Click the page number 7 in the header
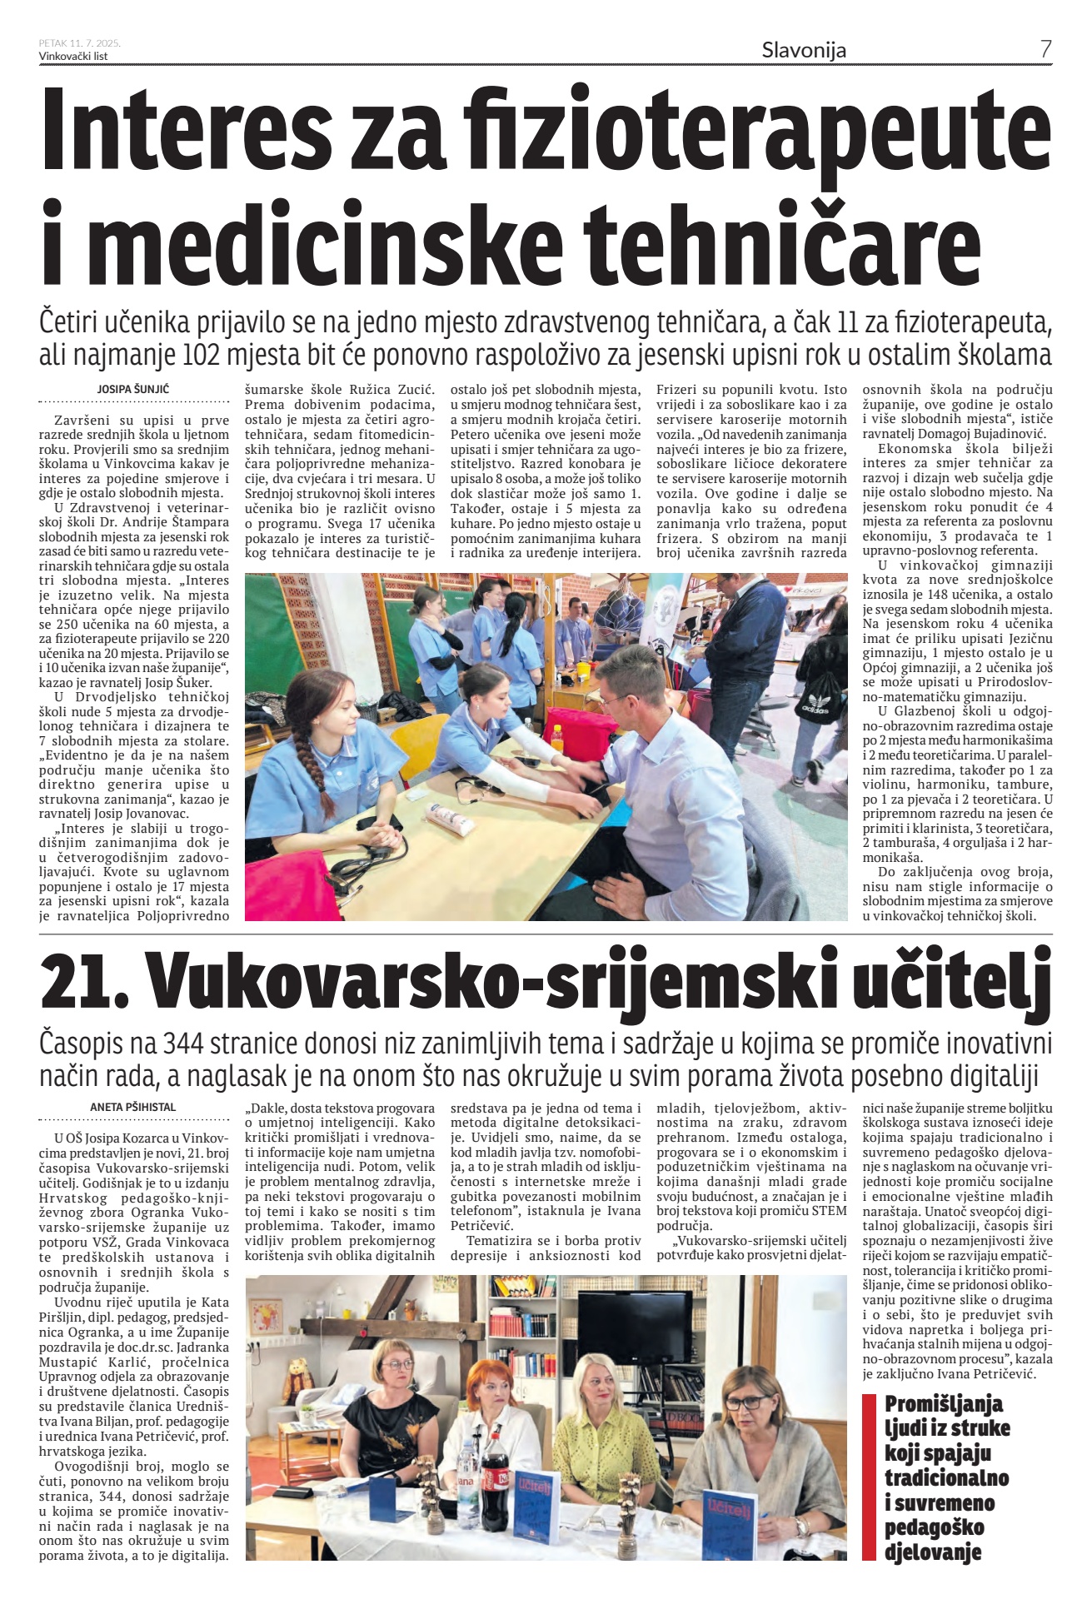pos(1045,49)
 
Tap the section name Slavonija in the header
pos(804,50)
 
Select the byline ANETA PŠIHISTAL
pos(133,1107)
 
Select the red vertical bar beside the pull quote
pos(870,1476)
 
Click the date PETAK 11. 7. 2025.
pos(80,43)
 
